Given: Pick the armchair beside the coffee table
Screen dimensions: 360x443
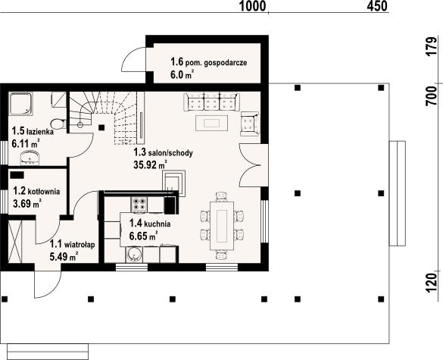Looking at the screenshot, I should coord(248,123).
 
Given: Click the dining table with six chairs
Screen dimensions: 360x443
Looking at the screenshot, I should coord(223,225).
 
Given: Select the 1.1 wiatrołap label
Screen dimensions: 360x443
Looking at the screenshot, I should coord(72,244).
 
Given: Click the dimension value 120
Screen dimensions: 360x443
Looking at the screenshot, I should coord(432,280).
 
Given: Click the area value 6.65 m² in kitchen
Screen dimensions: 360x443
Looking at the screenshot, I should coord(144,236).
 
